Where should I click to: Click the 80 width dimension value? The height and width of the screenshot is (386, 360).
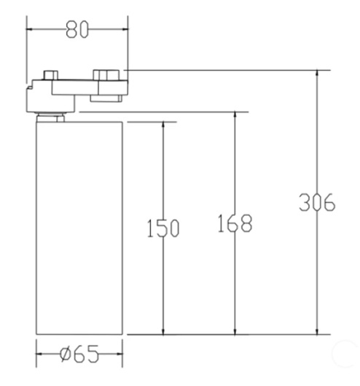tap(77, 29)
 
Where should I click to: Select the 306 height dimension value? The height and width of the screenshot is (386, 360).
tap(317, 202)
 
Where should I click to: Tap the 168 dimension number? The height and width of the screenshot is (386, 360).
tap(235, 223)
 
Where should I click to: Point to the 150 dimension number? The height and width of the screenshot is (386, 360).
tap(163, 228)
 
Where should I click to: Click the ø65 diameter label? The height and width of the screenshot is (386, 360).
tap(79, 354)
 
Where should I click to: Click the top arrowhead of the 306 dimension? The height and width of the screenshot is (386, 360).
tap(317, 74)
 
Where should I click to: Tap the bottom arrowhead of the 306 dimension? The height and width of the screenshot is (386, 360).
tap(317, 331)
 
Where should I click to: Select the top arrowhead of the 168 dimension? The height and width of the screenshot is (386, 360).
tap(235, 116)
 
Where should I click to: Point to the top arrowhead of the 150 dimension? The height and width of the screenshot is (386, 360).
tap(163, 126)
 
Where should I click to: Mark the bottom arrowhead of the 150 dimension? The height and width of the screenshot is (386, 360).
tap(163, 331)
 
